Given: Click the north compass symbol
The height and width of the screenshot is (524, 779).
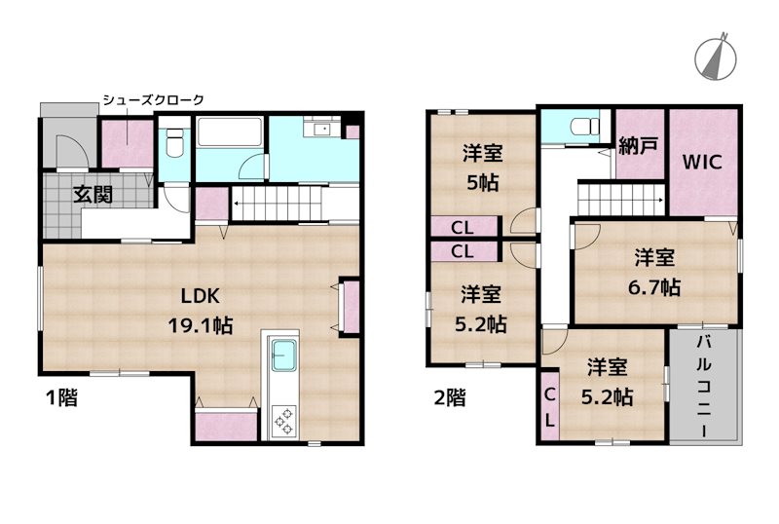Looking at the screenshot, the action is coord(716,57).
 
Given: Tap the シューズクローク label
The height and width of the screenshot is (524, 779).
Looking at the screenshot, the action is coord(154,100).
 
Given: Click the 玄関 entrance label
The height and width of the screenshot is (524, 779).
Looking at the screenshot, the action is coord(93,195).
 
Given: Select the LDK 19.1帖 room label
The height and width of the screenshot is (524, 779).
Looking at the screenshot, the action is coord(201,311).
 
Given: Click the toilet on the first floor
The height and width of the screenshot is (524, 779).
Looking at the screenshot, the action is coord(174,142).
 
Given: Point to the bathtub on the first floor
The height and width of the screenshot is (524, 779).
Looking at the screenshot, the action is coord(229,131).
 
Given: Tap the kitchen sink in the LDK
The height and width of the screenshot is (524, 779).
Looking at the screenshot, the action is coord(283,355).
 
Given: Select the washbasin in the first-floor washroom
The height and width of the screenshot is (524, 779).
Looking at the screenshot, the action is coord(322,130).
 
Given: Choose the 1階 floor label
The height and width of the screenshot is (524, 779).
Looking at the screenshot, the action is coord(61,397).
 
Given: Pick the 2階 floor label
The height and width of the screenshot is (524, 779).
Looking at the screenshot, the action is coord(450,397).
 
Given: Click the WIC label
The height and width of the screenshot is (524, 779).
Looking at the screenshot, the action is coord(701,162).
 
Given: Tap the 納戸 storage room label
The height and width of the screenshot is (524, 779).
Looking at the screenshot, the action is coord(639,146).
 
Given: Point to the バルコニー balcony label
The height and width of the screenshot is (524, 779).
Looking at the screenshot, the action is coord(703,387).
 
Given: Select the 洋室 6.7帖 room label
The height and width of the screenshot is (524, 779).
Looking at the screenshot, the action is coord(654,273).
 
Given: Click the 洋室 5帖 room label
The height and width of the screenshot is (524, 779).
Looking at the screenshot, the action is coord(482,168).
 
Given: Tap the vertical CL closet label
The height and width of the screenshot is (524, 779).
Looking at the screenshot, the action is coord(549,408).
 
